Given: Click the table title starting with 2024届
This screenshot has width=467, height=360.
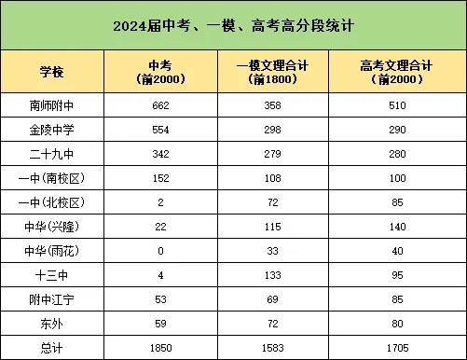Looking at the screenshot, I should pos(233,25).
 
